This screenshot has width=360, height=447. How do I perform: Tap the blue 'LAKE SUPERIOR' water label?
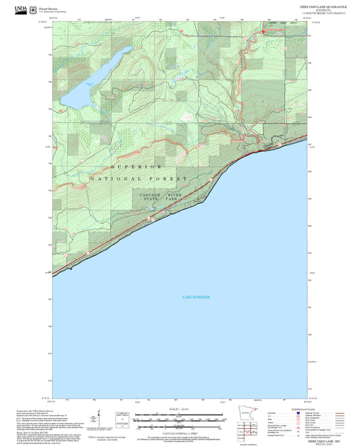point(197,297)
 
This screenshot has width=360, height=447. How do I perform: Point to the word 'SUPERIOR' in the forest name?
point(137,166)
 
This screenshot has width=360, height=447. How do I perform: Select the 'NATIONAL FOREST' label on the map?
point(137,179)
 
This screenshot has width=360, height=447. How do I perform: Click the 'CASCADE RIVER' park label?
point(165,195)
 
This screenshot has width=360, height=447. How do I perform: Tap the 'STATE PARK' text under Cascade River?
point(165,201)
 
